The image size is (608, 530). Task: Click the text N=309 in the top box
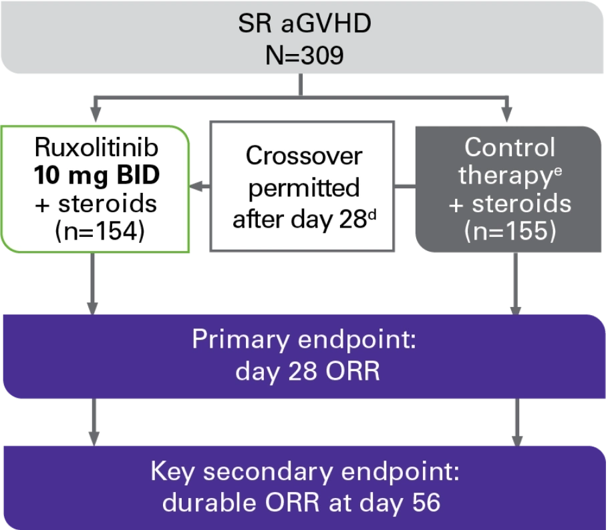(x=304, y=55)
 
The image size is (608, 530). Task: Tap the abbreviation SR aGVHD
(x=304, y=25)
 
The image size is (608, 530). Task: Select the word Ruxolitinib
(x=98, y=147)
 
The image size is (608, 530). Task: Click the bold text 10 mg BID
(x=98, y=176)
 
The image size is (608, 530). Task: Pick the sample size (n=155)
(x=510, y=232)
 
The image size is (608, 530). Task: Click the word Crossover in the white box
(x=304, y=156)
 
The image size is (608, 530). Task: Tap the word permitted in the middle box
(x=304, y=188)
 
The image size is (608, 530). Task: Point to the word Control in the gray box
(x=510, y=147)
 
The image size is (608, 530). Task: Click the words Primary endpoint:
(x=304, y=339)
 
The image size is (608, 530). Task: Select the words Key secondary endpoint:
(x=304, y=471)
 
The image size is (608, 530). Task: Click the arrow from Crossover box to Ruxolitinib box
(x=199, y=188)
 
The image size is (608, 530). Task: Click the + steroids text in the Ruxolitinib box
(x=98, y=204)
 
